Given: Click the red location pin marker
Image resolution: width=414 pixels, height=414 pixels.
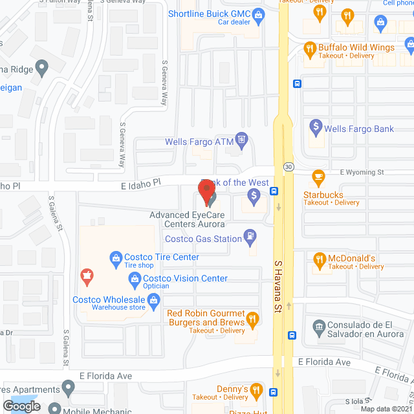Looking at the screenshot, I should (x=207, y=191).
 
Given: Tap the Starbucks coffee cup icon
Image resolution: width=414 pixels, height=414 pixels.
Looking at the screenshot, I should (x=318, y=176).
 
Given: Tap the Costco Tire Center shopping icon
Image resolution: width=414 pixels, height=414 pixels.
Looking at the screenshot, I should (x=116, y=257).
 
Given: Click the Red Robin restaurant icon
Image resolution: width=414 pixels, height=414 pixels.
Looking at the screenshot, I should (x=252, y=319).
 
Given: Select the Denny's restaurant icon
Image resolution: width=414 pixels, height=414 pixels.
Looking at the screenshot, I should (x=257, y=389).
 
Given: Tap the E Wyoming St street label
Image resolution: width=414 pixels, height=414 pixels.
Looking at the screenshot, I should (x=362, y=172).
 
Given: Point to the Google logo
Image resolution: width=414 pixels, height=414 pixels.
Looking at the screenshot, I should (x=21, y=406).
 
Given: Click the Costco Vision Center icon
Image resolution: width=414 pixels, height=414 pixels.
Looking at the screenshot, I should (x=135, y=279).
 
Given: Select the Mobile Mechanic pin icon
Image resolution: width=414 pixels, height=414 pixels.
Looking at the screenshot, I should (x=54, y=409).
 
